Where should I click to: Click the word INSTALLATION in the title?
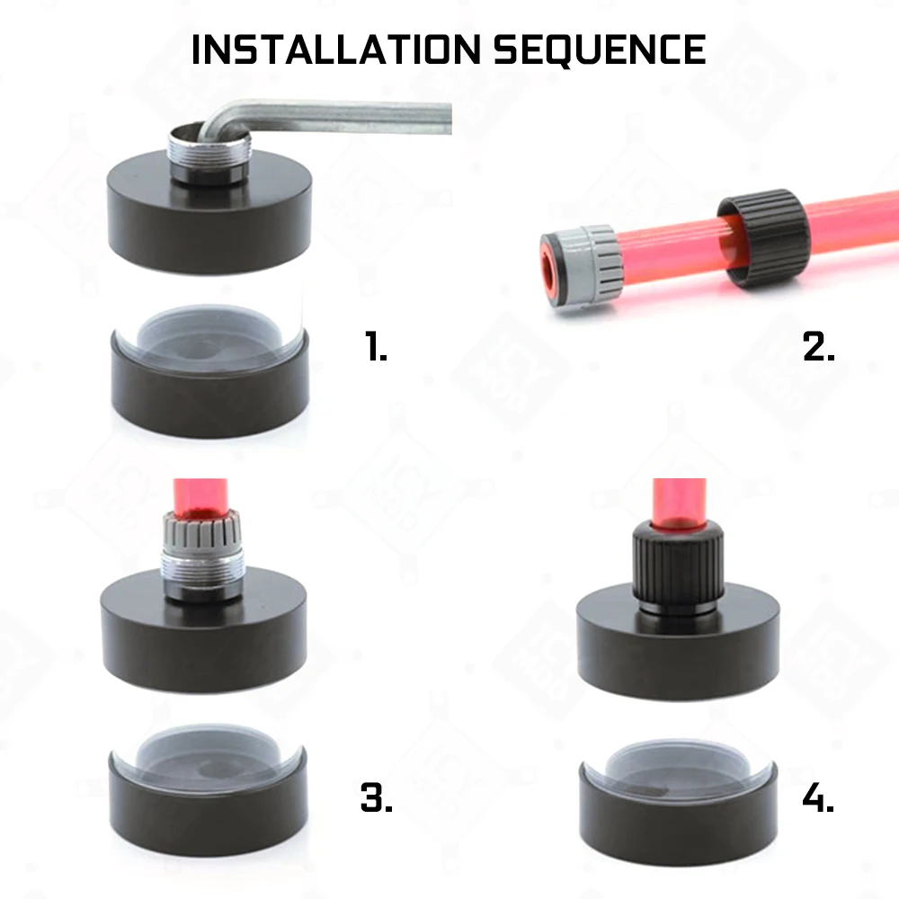pos(337,49)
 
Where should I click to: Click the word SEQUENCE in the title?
pos(599,49)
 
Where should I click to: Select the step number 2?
pos(819,345)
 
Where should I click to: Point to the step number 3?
pos(377,797)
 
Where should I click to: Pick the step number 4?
pos(819,797)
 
